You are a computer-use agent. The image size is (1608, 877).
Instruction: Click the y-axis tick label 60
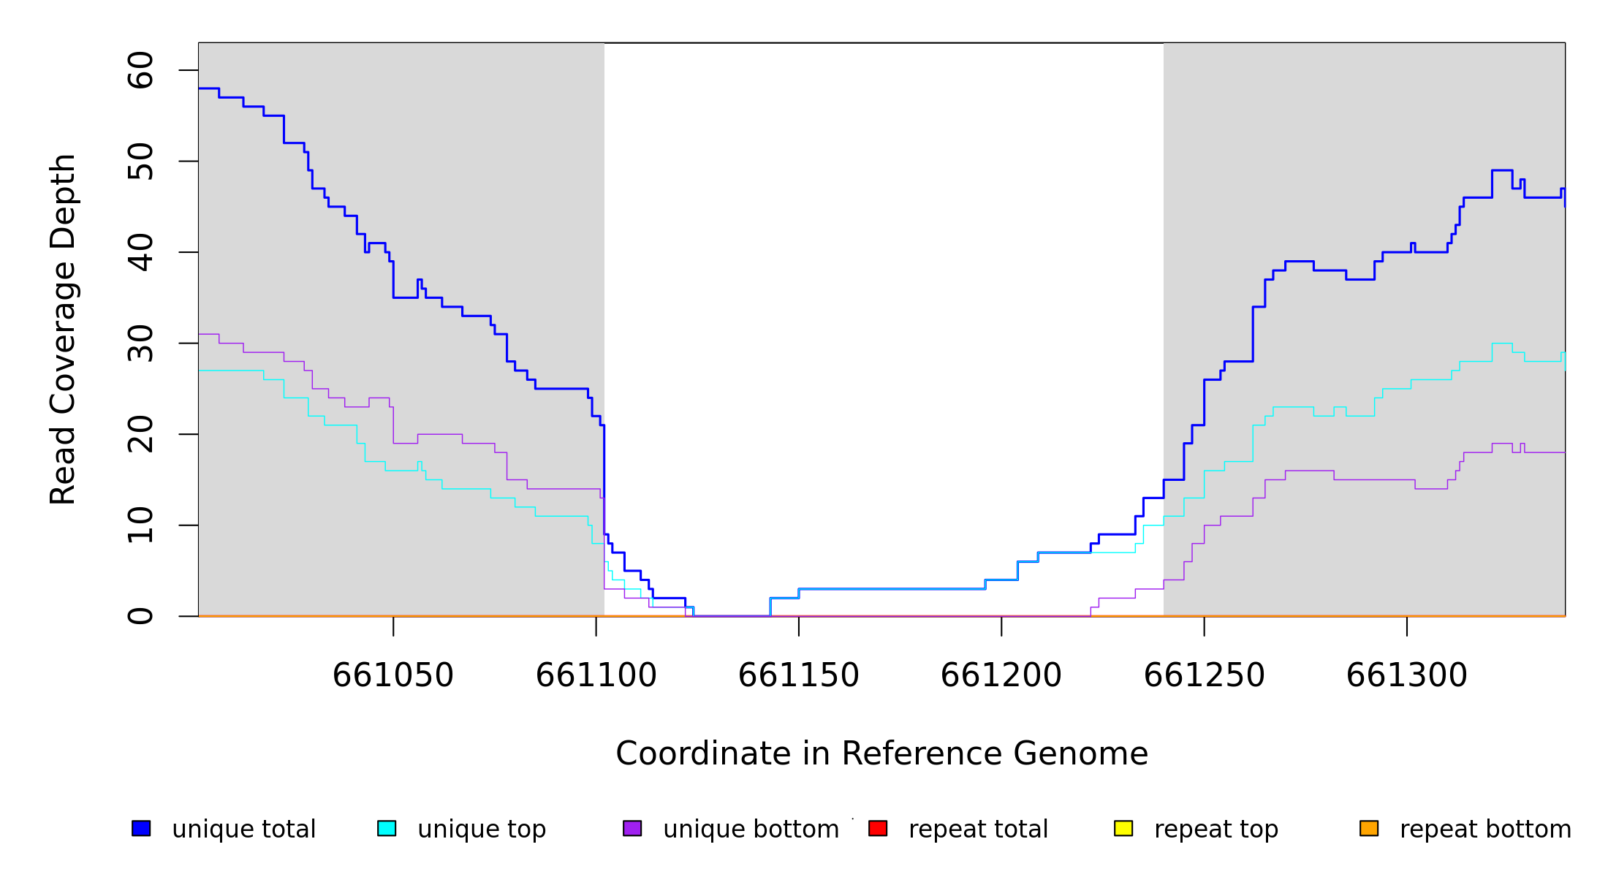pyautogui.click(x=140, y=70)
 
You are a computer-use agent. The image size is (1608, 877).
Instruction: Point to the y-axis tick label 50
pyautogui.click(x=140, y=162)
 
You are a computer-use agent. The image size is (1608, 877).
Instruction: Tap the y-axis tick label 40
pyautogui.click(x=140, y=252)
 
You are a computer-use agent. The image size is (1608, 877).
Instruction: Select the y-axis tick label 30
pyautogui.click(x=140, y=343)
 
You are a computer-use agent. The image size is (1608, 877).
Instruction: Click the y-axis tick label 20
pyautogui.click(x=140, y=434)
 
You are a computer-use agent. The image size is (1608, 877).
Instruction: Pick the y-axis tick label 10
pyautogui.click(x=140, y=525)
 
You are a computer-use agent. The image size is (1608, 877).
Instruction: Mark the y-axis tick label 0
pyautogui.click(x=140, y=616)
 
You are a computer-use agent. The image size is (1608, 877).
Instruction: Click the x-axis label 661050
pyautogui.click(x=393, y=675)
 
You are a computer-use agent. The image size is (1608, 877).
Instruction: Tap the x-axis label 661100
pyautogui.click(x=596, y=675)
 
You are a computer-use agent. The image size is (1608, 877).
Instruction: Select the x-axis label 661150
pyautogui.click(x=799, y=675)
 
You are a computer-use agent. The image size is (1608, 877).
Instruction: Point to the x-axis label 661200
pyautogui.click(x=1001, y=675)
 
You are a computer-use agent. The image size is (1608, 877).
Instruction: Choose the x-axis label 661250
pyautogui.click(x=1205, y=675)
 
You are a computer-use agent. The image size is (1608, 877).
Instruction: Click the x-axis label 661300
pyautogui.click(x=1407, y=675)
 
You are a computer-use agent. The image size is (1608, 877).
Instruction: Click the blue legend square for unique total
pyautogui.click(x=141, y=828)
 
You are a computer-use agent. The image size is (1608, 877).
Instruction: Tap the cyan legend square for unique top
pyautogui.click(x=387, y=828)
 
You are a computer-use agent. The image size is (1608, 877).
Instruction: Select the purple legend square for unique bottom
pyautogui.click(x=632, y=828)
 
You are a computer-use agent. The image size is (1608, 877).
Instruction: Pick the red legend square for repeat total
pyautogui.click(x=878, y=828)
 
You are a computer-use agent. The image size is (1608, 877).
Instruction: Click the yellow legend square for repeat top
pyautogui.click(x=1123, y=828)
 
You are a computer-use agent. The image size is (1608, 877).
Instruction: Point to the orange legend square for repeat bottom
pyautogui.click(x=1369, y=828)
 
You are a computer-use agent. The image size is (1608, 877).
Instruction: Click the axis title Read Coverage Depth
pyautogui.click(x=63, y=329)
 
